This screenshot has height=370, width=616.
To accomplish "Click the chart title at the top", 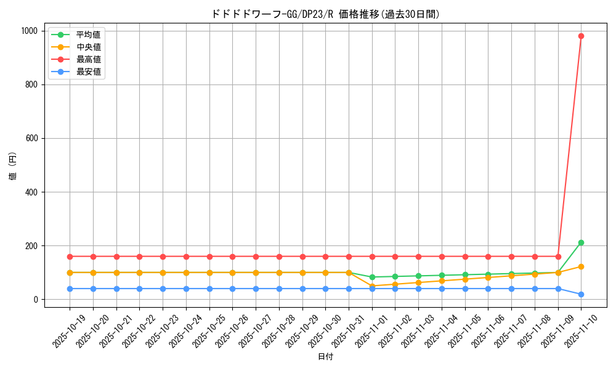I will point(326,14).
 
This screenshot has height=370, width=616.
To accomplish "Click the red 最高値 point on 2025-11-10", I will point(581,36).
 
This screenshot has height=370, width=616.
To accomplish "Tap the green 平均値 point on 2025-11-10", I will point(581,243).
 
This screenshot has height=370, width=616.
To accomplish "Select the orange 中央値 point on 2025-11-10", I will point(581,266).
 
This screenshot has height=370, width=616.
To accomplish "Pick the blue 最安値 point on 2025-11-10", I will point(581,294).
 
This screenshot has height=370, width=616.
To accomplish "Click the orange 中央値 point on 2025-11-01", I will point(372,286).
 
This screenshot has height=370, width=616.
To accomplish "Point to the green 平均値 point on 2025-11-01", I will point(372,277).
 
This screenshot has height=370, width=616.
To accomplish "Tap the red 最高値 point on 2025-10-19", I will point(70,257).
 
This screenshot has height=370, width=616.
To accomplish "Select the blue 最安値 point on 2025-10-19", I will point(70,289).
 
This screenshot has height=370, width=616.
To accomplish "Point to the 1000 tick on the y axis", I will point(31,31).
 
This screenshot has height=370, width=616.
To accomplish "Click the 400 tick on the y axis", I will point(33,192).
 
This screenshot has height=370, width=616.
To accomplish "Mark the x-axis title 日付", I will point(325,357).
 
